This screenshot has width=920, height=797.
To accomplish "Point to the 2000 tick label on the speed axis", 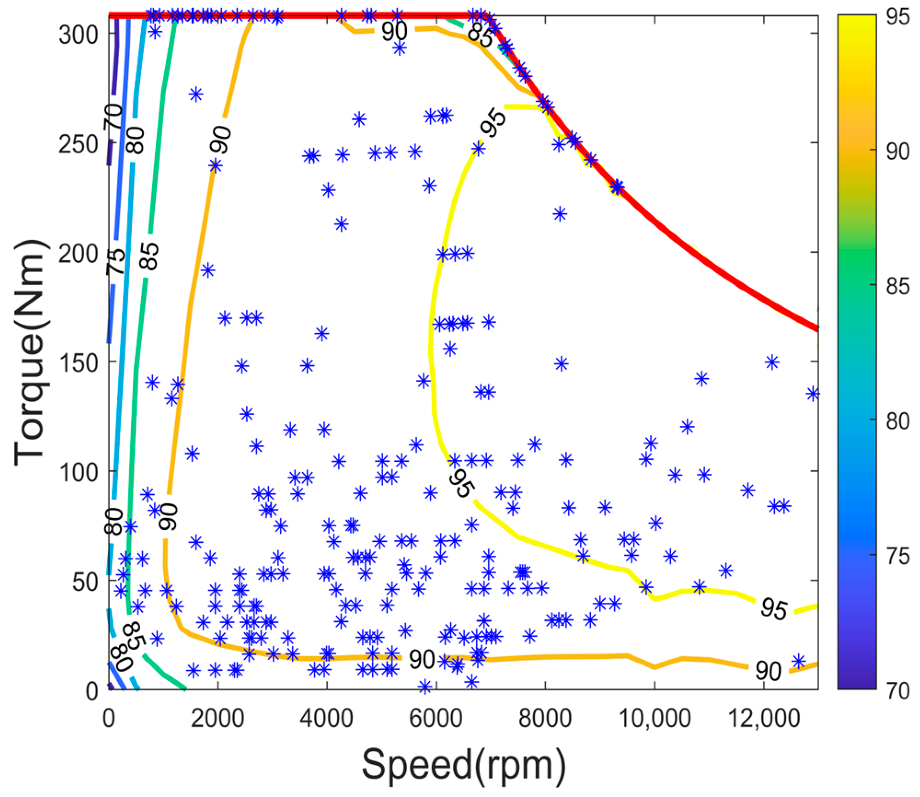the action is click(217, 719).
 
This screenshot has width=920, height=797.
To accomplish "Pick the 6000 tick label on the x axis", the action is click(436, 719).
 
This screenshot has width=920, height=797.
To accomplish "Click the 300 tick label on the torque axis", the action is click(79, 35).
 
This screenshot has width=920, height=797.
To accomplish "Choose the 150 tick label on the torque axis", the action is click(79, 363).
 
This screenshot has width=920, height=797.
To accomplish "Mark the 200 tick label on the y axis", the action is click(79, 254).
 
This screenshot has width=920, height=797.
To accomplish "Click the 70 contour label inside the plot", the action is click(113, 116).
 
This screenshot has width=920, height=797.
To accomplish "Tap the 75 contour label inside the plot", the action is click(116, 262).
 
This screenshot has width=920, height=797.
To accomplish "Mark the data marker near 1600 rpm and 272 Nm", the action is click(196, 94).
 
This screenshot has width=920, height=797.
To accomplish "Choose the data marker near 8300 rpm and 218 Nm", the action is click(560, 214).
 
